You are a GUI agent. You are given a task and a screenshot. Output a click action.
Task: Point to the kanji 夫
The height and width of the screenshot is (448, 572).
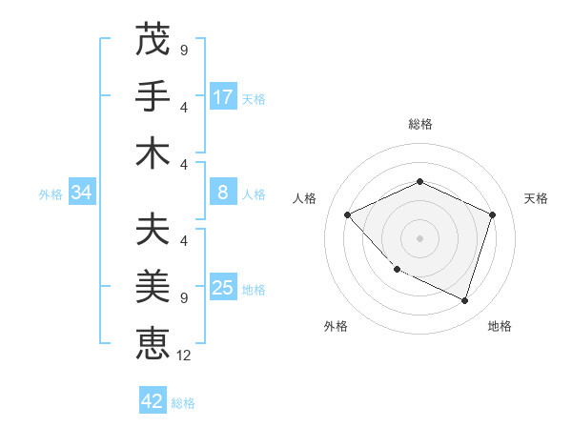pos(153,231)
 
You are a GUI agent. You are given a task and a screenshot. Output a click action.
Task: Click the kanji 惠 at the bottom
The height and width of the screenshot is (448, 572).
pos(153,344)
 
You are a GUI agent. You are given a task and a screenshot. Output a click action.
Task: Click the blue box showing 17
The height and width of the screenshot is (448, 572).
pos(223,97)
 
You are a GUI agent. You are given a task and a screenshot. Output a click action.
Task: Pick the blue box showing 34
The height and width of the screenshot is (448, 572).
pos(82,193)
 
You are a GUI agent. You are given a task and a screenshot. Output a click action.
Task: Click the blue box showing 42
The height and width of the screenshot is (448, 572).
pos(153,401)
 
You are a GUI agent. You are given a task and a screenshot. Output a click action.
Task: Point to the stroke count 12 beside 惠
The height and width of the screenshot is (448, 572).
pos(185,356)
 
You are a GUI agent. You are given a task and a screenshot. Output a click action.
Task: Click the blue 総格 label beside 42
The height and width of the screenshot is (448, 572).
pos(183,403)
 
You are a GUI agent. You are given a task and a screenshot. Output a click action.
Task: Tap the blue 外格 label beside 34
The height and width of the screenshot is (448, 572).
pos(51,194)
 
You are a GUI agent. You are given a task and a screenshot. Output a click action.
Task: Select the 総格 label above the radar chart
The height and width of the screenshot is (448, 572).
pos(419,124)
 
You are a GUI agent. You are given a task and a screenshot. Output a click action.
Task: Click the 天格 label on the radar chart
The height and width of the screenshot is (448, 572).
pos(536,198)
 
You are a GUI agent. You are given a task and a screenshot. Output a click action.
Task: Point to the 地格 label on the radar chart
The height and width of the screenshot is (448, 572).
pos(500,326)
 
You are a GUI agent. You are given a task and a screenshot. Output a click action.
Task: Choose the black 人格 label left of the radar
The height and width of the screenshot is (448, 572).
pos(304,198)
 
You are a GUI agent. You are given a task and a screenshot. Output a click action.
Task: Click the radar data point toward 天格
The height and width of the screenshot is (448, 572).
pos(492,214)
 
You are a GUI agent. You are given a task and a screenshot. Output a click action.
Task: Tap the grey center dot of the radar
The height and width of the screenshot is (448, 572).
pos(419,237)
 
